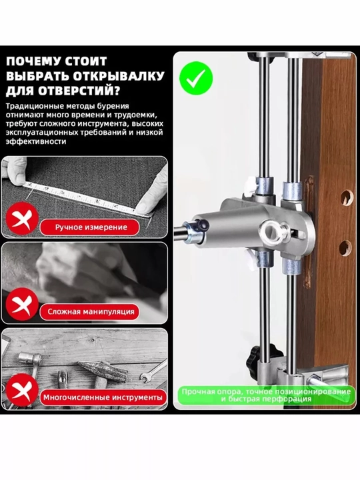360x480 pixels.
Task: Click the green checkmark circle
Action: [x=196, y=78]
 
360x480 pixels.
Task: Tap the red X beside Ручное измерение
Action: [x=23, y=219]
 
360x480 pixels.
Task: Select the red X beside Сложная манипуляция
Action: [x=23, y=304]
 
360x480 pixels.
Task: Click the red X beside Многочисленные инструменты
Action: [x=23, y=390]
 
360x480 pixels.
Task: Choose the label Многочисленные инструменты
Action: [x=103, y=397]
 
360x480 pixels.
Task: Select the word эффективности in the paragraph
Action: [x=36, y=141]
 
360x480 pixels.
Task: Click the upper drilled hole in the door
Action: [x=346, y=197]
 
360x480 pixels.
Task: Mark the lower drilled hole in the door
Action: [x=345, y=248]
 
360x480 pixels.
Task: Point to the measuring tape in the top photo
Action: [x=87, y=198]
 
